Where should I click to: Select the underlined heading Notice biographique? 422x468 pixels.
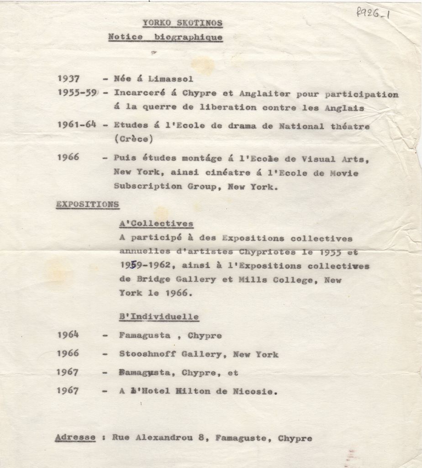[x=165, y=37]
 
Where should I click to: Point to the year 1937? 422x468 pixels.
[x=69, y=79]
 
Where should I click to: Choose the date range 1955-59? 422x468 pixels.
[x=77, y=93]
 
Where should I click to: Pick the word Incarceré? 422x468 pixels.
[x=139, y=94]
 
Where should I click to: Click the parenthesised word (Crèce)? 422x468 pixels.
[x=133, y=138]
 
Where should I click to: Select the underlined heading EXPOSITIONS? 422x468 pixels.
[x=88, y=204]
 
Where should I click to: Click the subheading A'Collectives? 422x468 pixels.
[x=156, y=224]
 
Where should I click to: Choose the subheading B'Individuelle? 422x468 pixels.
[x=159, y=316]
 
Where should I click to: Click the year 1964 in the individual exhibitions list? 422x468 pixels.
[x=68, y=335]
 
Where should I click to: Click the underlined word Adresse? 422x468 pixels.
[x=75, y=438]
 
